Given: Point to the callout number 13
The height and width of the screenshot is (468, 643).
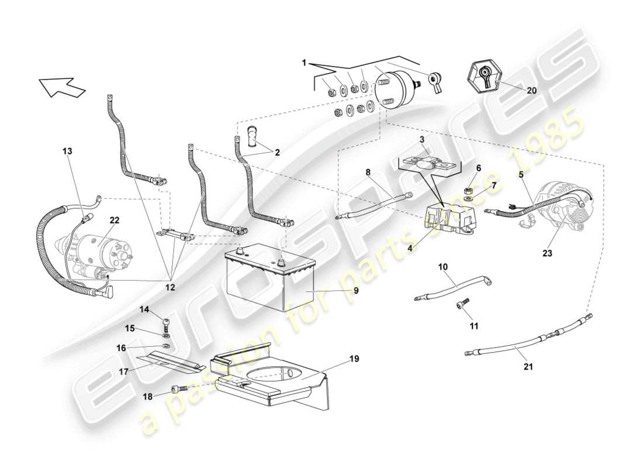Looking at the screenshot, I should (68, 151).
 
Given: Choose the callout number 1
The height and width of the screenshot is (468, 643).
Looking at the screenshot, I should (305, 62).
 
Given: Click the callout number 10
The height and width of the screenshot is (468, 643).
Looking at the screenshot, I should (443, 267).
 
